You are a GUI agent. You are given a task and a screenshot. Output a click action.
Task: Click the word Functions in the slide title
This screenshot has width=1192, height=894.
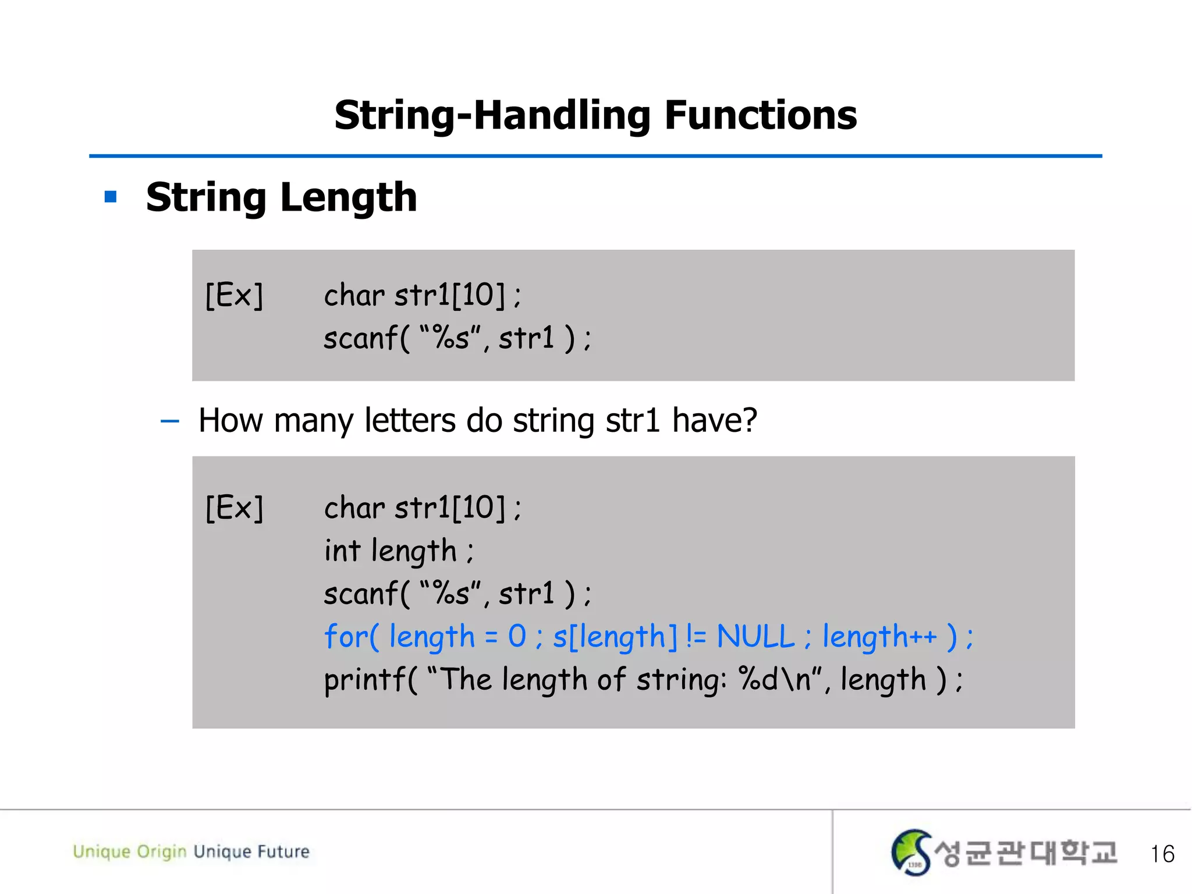pos(760,115)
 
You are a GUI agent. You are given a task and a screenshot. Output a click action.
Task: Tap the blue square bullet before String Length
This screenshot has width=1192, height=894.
pos(111,197)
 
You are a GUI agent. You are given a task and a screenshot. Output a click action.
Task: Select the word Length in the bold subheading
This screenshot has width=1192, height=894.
pos(349,198)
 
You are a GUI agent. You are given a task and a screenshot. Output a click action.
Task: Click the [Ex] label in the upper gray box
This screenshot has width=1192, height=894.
pos(235,295)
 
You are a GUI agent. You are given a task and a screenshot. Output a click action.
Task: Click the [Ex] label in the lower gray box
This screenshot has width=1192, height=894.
pos(235,508)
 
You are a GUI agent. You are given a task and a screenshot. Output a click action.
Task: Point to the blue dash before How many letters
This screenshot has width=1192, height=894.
pos(169,421)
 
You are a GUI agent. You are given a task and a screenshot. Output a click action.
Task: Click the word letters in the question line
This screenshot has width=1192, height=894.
pos(410,420)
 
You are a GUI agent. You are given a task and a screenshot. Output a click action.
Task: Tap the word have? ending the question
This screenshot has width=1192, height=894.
pos(714,420)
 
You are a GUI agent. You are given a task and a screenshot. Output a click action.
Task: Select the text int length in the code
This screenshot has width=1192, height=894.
pos(391,551)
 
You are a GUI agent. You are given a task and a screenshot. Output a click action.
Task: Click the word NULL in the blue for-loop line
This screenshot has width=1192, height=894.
pos(755,636)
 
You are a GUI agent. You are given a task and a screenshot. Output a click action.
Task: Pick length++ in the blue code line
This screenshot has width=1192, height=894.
pos(879,637)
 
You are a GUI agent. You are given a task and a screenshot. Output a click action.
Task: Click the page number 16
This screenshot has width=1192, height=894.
pos(1162,854)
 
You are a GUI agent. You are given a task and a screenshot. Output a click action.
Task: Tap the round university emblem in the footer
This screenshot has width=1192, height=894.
pos(911,852)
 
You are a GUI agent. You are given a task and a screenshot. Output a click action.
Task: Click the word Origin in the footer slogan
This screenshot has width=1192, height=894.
pos(162,852)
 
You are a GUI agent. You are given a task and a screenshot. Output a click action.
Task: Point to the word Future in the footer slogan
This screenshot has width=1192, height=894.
pos(283,852)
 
